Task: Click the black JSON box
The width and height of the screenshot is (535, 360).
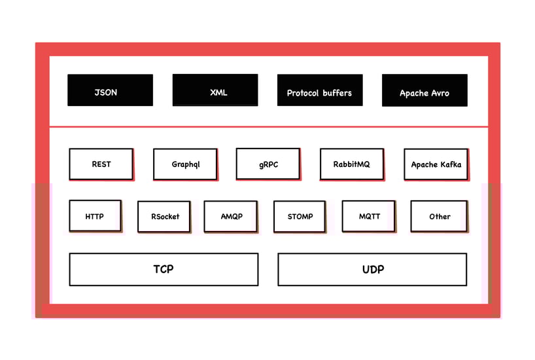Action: point(110,90)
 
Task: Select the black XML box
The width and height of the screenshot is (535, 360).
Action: point(215,90)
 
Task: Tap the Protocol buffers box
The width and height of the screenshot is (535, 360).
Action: point(319,90)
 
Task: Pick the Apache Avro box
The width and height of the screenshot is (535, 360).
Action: point(424,90)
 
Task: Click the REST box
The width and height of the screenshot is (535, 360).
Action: point(101,164)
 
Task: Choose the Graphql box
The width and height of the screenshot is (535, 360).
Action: point(185,164)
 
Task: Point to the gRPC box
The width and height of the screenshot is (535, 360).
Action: point(267,164)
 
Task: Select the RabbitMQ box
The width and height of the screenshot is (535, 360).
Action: point(351,164)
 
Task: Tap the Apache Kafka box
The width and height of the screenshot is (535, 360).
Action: point(436,164)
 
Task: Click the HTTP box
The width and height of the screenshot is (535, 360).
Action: point(95,216)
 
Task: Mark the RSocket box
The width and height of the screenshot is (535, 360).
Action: point(164,217)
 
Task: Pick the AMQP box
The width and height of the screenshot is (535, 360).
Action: point(230,216)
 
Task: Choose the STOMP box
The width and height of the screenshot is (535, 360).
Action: point(300,216)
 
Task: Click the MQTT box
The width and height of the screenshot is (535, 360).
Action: point(368,216)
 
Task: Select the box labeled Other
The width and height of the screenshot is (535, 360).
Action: point(439,216)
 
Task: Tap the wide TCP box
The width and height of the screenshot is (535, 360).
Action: point(164,269)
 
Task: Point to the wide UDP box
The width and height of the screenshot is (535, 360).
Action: point(372,269)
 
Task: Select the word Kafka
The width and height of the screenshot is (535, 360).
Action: point(450,164)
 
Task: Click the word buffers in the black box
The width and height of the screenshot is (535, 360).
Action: point(334,93)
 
